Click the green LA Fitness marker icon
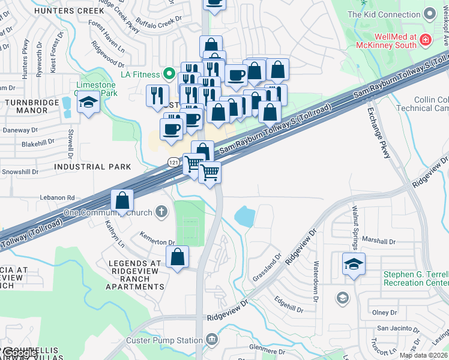pos(170,75)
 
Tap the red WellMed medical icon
pos(426,40)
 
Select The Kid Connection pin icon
pos(429,14)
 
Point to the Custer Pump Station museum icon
pos(211,340)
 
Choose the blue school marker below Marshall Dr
pos(354,263)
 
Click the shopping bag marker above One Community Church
pos(122,201)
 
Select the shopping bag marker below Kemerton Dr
pos(177,257)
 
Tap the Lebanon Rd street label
pos(58,197)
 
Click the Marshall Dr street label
pos(379,241)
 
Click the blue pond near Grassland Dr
pos(247,216)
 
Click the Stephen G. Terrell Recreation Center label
pos(416,278)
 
